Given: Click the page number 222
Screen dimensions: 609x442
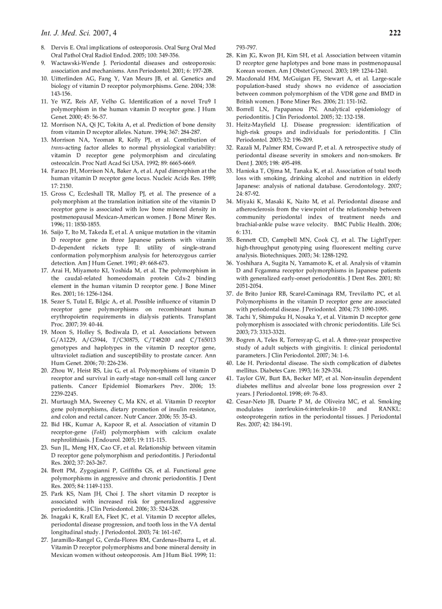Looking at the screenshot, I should click(395, 33).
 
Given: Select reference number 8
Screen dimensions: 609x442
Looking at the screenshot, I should click(44, 48).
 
